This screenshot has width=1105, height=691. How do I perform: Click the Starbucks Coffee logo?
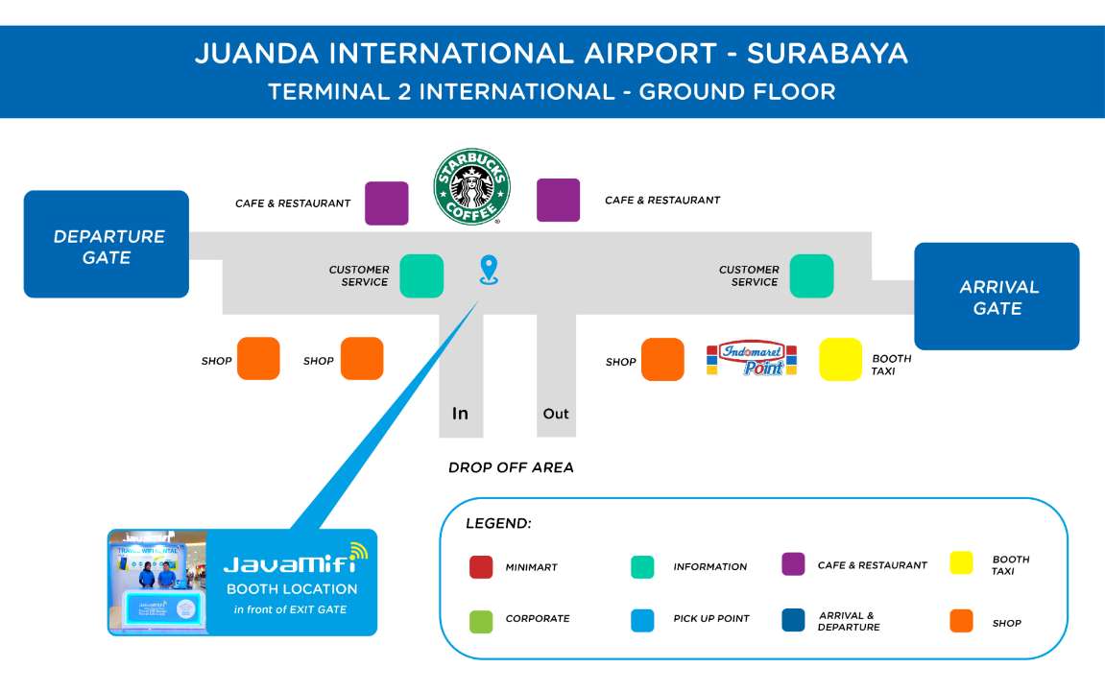(x=471, y=186)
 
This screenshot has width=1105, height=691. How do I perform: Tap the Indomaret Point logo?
(x=752, y=359)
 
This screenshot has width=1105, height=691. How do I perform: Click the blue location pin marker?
(x=489, y=271)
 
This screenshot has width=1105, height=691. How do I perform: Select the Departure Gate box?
(x=107, y=244)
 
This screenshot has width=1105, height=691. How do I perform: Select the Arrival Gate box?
(x=997, y=297)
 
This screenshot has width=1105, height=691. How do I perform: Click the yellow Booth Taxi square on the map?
(x=840, y=359)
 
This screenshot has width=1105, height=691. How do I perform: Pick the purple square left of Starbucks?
(x=386, y=203)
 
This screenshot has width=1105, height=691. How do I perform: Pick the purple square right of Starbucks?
(x=558, y=200)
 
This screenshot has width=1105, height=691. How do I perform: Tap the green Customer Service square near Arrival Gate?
(x=811, y=276)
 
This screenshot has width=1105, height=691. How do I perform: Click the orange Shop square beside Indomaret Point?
(x=662, y=359)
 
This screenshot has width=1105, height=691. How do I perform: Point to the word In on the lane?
(x=460, y=414)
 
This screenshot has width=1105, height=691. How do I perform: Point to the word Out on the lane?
(x=555, y=414)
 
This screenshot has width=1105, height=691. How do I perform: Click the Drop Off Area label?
(x=511, y=467)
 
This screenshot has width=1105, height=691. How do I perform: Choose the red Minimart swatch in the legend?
(x=481, y=567)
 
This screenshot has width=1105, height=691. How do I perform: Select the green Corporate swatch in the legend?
(x=481, y=621)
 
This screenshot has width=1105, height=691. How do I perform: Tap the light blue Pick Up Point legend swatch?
(x=642, y=621)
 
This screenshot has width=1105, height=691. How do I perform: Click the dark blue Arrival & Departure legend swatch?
(x=793, y=620)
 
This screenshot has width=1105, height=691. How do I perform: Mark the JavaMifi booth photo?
(x=158, y=583)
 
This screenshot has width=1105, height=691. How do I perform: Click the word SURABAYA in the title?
(x=828, y=54)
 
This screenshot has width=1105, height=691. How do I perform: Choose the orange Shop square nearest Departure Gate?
(x=258, y=359)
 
